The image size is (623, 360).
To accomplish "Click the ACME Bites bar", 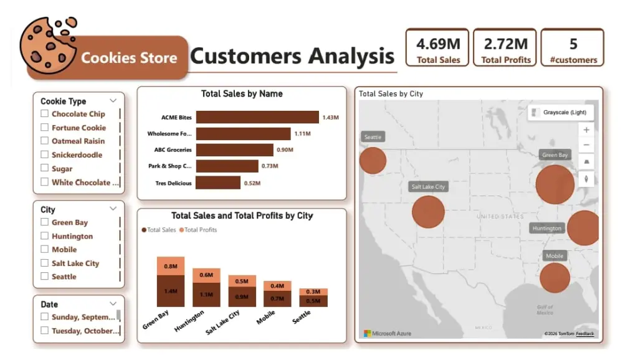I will pyautogui.click(x=257, y=117).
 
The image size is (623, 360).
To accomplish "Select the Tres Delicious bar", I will pyautogui.click(x=217, y=182).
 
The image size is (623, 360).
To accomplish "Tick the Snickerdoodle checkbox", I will pyautogui.click(x=44, y=154).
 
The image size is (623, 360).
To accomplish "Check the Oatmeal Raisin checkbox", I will pyautogui.click(x=44, y=141).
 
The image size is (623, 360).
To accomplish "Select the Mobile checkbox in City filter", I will pyautogui.click(x=44, y=249).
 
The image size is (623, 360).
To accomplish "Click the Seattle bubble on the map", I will pyautogui.click(x=373, y=160).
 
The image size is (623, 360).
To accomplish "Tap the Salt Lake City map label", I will pyautogui.click(x=429, y=187).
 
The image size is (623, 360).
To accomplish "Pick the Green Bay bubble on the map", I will pyautogui.click(x=554, y=184).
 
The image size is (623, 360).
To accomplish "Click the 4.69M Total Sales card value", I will pyautogui.click(x=439, y=44).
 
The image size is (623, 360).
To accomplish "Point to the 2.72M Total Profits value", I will pyautogui.click(x=506, y=44).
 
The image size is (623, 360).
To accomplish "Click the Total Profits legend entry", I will pyautogui.click(x=198, y=230).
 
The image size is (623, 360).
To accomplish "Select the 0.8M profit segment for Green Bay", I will pyautogui.click(x=170, y=266).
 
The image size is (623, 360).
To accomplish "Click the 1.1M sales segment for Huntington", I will pyautogui.click(x=206, y=295).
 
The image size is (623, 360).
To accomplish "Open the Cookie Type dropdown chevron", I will pyautogui.click(x=113, y=100).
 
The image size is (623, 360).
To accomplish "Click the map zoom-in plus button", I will pyautogui.click(x=586, y=130).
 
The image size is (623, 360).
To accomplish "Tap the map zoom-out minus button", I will pyautogui.click(x=586, y=145).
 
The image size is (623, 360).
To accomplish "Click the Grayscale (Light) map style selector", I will pyautogui.click(x=561, y=113).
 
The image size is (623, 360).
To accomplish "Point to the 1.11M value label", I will pyautogui.click(x=302, y=134).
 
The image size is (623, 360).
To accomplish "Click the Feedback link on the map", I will pyautogui.click(x=584, y=334).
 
